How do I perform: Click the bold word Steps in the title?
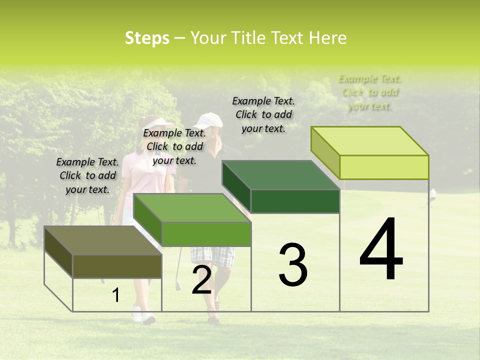coord(147,38)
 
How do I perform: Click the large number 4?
coord(381,249)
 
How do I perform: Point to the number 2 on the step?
coord(201,280)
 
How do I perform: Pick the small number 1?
coord(115,295)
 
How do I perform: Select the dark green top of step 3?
coord(280,175)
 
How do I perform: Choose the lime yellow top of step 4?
coord(370,141)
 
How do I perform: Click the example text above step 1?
coord(87,175)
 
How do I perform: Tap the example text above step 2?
coord(174,146)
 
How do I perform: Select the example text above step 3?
coord(263,114)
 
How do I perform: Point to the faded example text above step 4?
coord(370,92)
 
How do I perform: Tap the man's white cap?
coord(209,120)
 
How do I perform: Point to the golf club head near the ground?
coord(177,286)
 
